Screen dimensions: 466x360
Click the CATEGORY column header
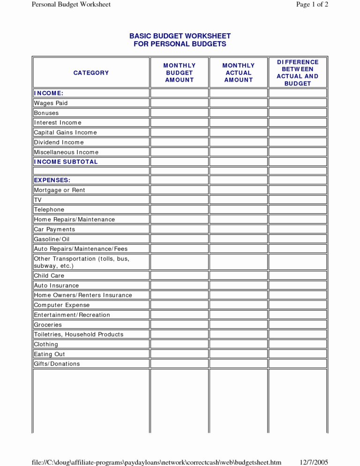(x=91, y=73)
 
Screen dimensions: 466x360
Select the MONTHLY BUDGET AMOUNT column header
(x=179, y=73)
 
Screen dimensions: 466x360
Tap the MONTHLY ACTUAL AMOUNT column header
(x=238, y=73)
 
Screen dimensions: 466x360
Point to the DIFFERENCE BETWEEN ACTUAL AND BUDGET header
(x=297, y=73)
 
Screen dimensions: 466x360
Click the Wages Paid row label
(x=51, y=103)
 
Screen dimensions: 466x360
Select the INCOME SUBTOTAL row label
(x=66, y=162)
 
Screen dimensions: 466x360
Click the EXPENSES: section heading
(x=52, y=180)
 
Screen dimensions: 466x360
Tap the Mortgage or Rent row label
(x=59, y=190)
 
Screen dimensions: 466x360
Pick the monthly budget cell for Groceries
(x=179, y=324)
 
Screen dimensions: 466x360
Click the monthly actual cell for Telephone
(x=238, y=210)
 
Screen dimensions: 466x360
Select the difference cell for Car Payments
(x=297, y=229)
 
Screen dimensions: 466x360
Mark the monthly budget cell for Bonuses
(x=179, y=113)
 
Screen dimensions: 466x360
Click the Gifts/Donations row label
(x=57, y=364)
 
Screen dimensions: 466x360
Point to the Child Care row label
(x=49, y=276)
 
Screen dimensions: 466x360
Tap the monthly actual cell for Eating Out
(x=238, y=354)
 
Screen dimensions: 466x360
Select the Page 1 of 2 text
(x=312, y=4)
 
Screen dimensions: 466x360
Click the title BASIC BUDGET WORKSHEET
(x=180, y=36)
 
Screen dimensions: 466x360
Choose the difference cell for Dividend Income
(x=297, y=142)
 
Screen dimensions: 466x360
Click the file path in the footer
(x=157, y=462)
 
